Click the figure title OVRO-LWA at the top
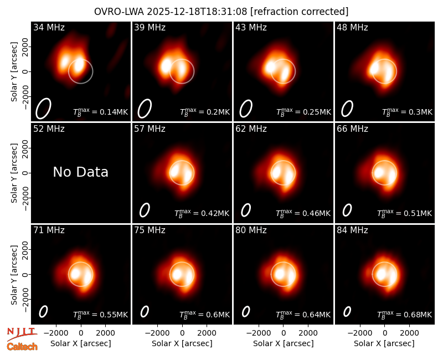(119, 12)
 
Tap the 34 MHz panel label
(49, 27)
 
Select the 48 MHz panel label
(352, 27)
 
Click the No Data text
(80, 172)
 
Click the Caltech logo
(22, 347)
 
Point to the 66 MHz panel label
(352, 129)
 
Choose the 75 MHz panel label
(150, 230)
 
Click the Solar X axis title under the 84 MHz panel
(384, 343)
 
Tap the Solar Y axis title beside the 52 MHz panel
(14, 173)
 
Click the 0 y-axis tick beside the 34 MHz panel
(25, 71)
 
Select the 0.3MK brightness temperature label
(408, 112)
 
